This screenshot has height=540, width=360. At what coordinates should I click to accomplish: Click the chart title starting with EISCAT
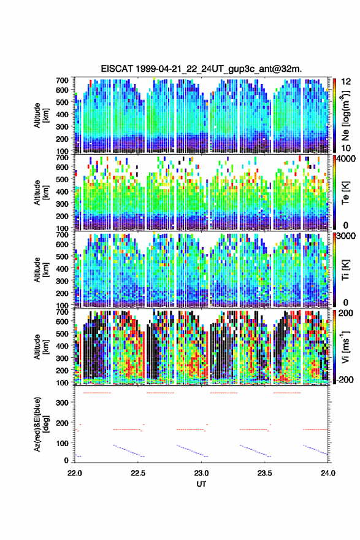point(201,69)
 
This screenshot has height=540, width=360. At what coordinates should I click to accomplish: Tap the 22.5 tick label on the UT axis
point(138,473)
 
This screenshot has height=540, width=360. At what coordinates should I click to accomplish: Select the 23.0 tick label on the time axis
point(201,473)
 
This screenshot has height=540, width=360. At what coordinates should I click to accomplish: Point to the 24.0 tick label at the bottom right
point(328,473)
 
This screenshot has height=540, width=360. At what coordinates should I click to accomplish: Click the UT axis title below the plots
point(201,484)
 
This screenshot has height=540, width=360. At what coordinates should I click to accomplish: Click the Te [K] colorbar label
point(345,193)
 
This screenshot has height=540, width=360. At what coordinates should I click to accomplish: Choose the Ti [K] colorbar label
point(345,270)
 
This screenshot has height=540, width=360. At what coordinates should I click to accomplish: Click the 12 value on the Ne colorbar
point(347,81)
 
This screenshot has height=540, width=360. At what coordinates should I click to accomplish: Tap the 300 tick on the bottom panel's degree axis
point(63,403)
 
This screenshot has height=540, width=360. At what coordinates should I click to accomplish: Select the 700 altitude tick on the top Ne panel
point(63,80)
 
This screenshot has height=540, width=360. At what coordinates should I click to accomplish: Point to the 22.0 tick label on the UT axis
point(75,473)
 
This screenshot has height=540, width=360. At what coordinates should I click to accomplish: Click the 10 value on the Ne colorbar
point(347,148)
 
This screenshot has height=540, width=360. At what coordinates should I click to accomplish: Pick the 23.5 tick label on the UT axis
point(265,473)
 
